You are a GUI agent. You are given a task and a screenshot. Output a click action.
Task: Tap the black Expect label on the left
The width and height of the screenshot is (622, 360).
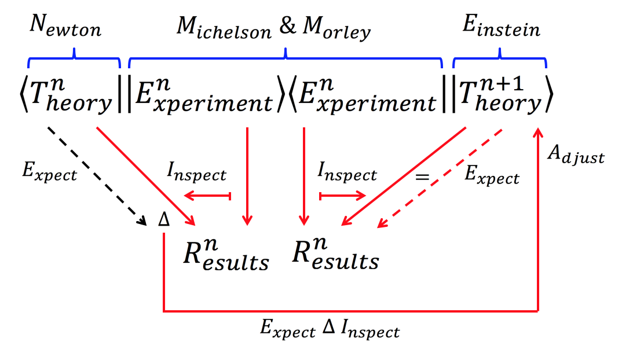click(48, 173)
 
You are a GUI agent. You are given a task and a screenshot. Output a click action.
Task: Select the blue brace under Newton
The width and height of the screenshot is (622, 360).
click(74, 56)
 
